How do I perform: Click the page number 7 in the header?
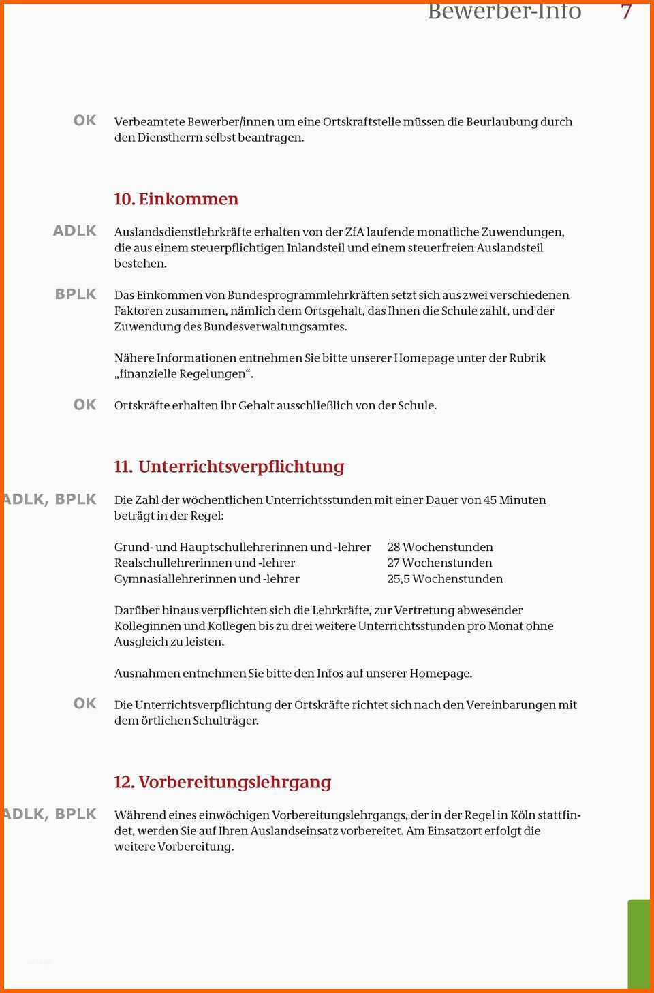[x=626, y=11]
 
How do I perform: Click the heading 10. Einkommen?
[x=176, y=199]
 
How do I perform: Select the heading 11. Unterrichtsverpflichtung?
[x=229, y=467]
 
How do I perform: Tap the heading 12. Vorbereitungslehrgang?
[x=222, y=782]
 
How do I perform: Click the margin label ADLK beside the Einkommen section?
[x=75, y=231]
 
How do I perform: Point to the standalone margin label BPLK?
[x=76, y=294]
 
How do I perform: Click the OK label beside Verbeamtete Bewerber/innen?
[x=85, y=121]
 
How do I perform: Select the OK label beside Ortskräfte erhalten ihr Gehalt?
[x=85, y=405]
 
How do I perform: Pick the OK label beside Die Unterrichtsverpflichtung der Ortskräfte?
[x=85, y=704]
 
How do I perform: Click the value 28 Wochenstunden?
[x=440, y=547]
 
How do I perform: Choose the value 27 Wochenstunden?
[x=439, y=563]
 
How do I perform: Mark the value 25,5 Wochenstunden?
[x=445, y=579]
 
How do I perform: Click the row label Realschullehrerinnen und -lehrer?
[x=204, y=563]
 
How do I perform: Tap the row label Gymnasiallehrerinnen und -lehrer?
[x=206, y=579]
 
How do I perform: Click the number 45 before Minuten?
[x=490, y=500]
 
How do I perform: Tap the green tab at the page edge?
[x=639, y=943]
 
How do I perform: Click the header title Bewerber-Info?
[x=504, y=11]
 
